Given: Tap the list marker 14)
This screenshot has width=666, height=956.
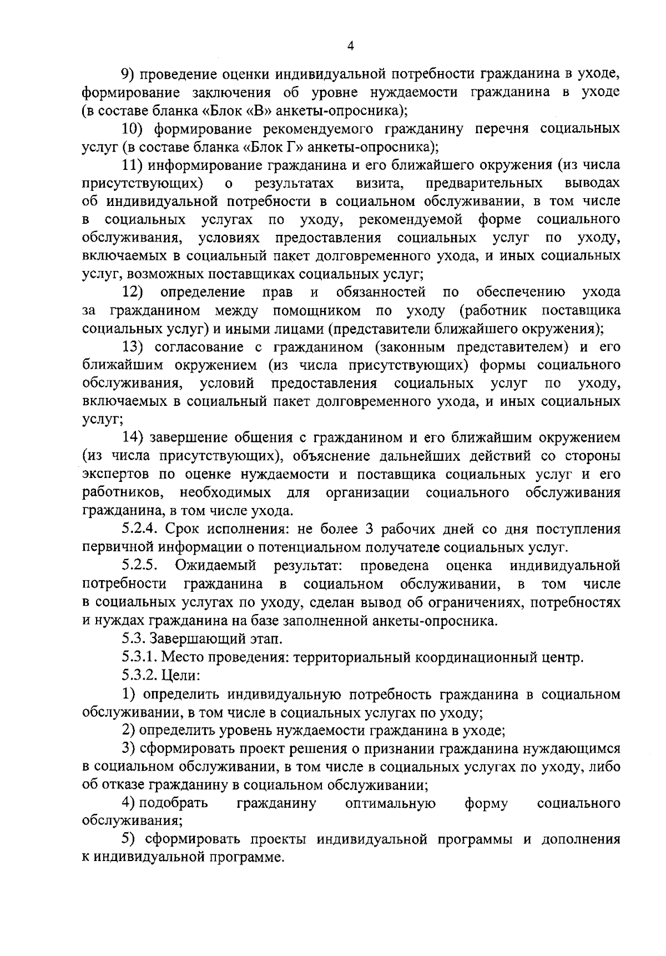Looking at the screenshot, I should click(133, 439).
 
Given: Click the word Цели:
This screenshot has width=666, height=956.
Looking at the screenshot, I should click(181, 677).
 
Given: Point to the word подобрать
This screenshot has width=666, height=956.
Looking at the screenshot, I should click(173, 804).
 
